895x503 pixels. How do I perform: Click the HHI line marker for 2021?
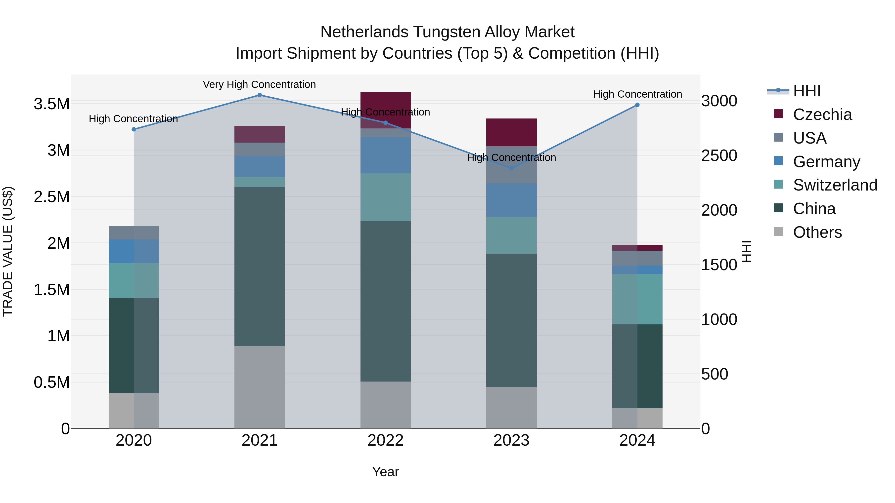click(x=260, y=95)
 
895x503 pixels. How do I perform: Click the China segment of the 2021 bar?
click(x=260, y=266)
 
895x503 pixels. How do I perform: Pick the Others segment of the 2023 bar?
click(x=511, y=408)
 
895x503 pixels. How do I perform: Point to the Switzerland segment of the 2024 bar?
click(x=637, y=299)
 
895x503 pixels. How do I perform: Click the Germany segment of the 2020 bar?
click(x=134, y=251)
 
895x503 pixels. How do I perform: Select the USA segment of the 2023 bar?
click(x=511, y=165)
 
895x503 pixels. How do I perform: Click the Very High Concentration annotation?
click(x=259, y=85)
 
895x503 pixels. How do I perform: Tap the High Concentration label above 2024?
click(x=637, y=94)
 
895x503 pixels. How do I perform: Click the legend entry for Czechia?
click(x=822, y=115)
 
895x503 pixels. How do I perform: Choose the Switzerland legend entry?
click(x=835, y=185)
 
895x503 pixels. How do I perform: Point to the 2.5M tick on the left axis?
click(x=52, y=197)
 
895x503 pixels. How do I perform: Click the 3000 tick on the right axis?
click(x=719, y=101)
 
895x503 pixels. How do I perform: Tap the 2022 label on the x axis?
click(x=385, y=440)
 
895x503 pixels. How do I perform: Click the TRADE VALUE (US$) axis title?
click(x=8, y=251)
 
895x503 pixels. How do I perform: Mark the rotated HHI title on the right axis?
click(x=746, y=251)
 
